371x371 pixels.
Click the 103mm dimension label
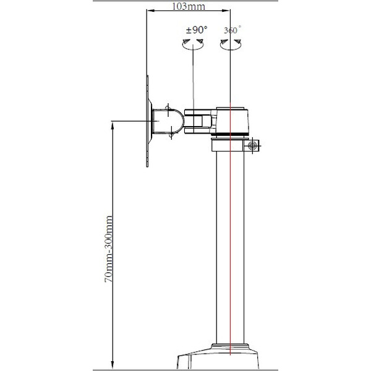click(188, 7)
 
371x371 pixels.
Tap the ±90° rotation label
click(197, 30)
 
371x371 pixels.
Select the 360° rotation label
click(231, 30)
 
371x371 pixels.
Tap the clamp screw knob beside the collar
click(252, 145)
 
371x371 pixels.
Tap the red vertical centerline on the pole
click(229, 247)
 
